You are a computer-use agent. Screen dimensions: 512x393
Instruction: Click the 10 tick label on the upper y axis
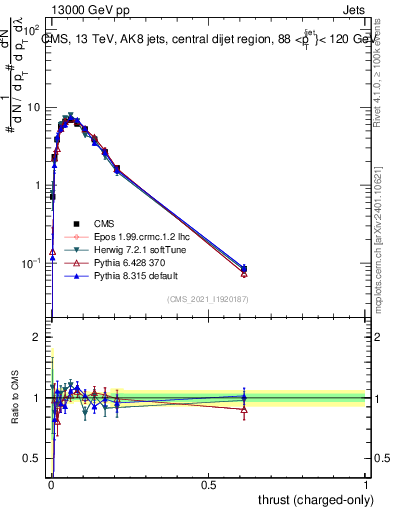pos(34,107)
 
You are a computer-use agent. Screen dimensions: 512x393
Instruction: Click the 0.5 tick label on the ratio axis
pos(34,459)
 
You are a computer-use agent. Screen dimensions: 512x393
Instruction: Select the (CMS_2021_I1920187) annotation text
pos(208,299)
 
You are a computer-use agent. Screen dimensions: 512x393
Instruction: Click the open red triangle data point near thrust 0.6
pos(244,273)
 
